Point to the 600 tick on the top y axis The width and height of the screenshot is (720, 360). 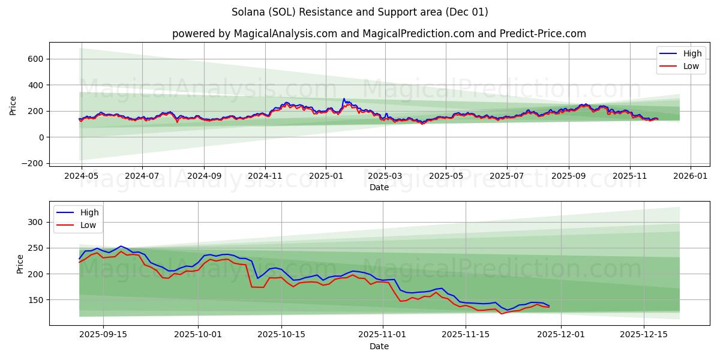[34, 59]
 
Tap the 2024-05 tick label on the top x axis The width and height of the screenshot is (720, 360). [81, 177]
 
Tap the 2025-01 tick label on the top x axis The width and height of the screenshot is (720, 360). [325, 177]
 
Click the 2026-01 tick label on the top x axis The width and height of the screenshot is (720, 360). [691, 177]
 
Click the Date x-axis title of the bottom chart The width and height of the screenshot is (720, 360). [379, 346]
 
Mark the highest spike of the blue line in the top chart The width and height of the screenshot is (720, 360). [344, 98]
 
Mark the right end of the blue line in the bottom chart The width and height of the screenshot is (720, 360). [549, 305]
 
